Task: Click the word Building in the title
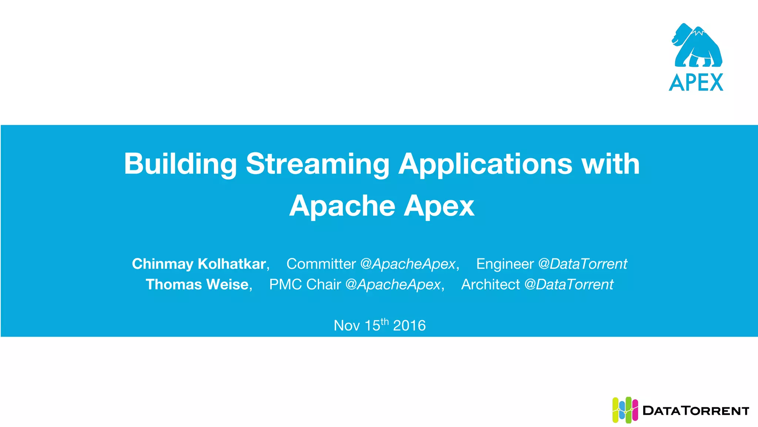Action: pyautogui.click(x=180, y=164)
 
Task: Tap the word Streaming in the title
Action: pyautogui.click(x=317, y=164)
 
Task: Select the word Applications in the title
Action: pyautogui.click(x=485, y=164)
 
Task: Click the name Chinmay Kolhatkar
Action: pyautogui.click(x=199, y=264)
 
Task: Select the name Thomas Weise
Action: pyautogui.click(x=197, y=285)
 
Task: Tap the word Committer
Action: pyautogui.click(x=321, y=264)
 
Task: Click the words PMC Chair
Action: pyautogui.click(x=305, y=285)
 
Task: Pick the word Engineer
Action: pyautogui.click(x=505, y=264)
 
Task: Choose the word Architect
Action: pyautogui.click(x=490, y=285)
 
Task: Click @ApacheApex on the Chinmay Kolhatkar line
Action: pyautogui.click(x=407, y=264)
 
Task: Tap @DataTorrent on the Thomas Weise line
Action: pyautogui.click(x=569, y=285)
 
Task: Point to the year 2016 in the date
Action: pyautogui.click(x=409, y=326)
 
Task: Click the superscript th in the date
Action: pyautogui.click(x=385, y=321)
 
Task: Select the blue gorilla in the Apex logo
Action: pyautogui.click(x=697, y=46)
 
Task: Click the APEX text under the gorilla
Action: pyautogui.click(x=696, y=82)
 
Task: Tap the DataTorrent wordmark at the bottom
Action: pyautogui.click(x=696, y=411)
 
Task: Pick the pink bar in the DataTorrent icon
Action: pyautogui.click(x=635, y=410)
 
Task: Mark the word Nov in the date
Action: pyautogui.click(x=346, y=326)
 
